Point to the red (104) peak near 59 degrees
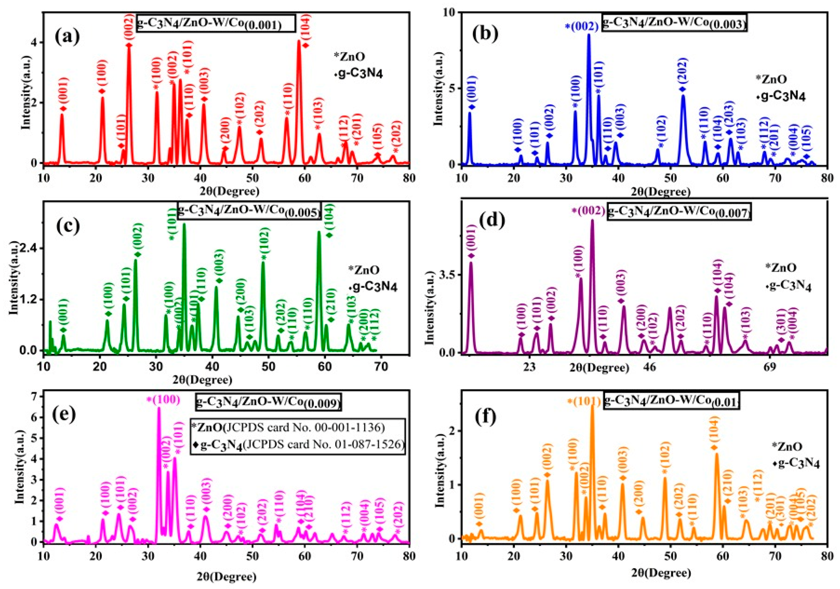click(x=299, y=42)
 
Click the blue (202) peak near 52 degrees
click(x=683, y=97)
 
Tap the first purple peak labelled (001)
click(x=471, y=263)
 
